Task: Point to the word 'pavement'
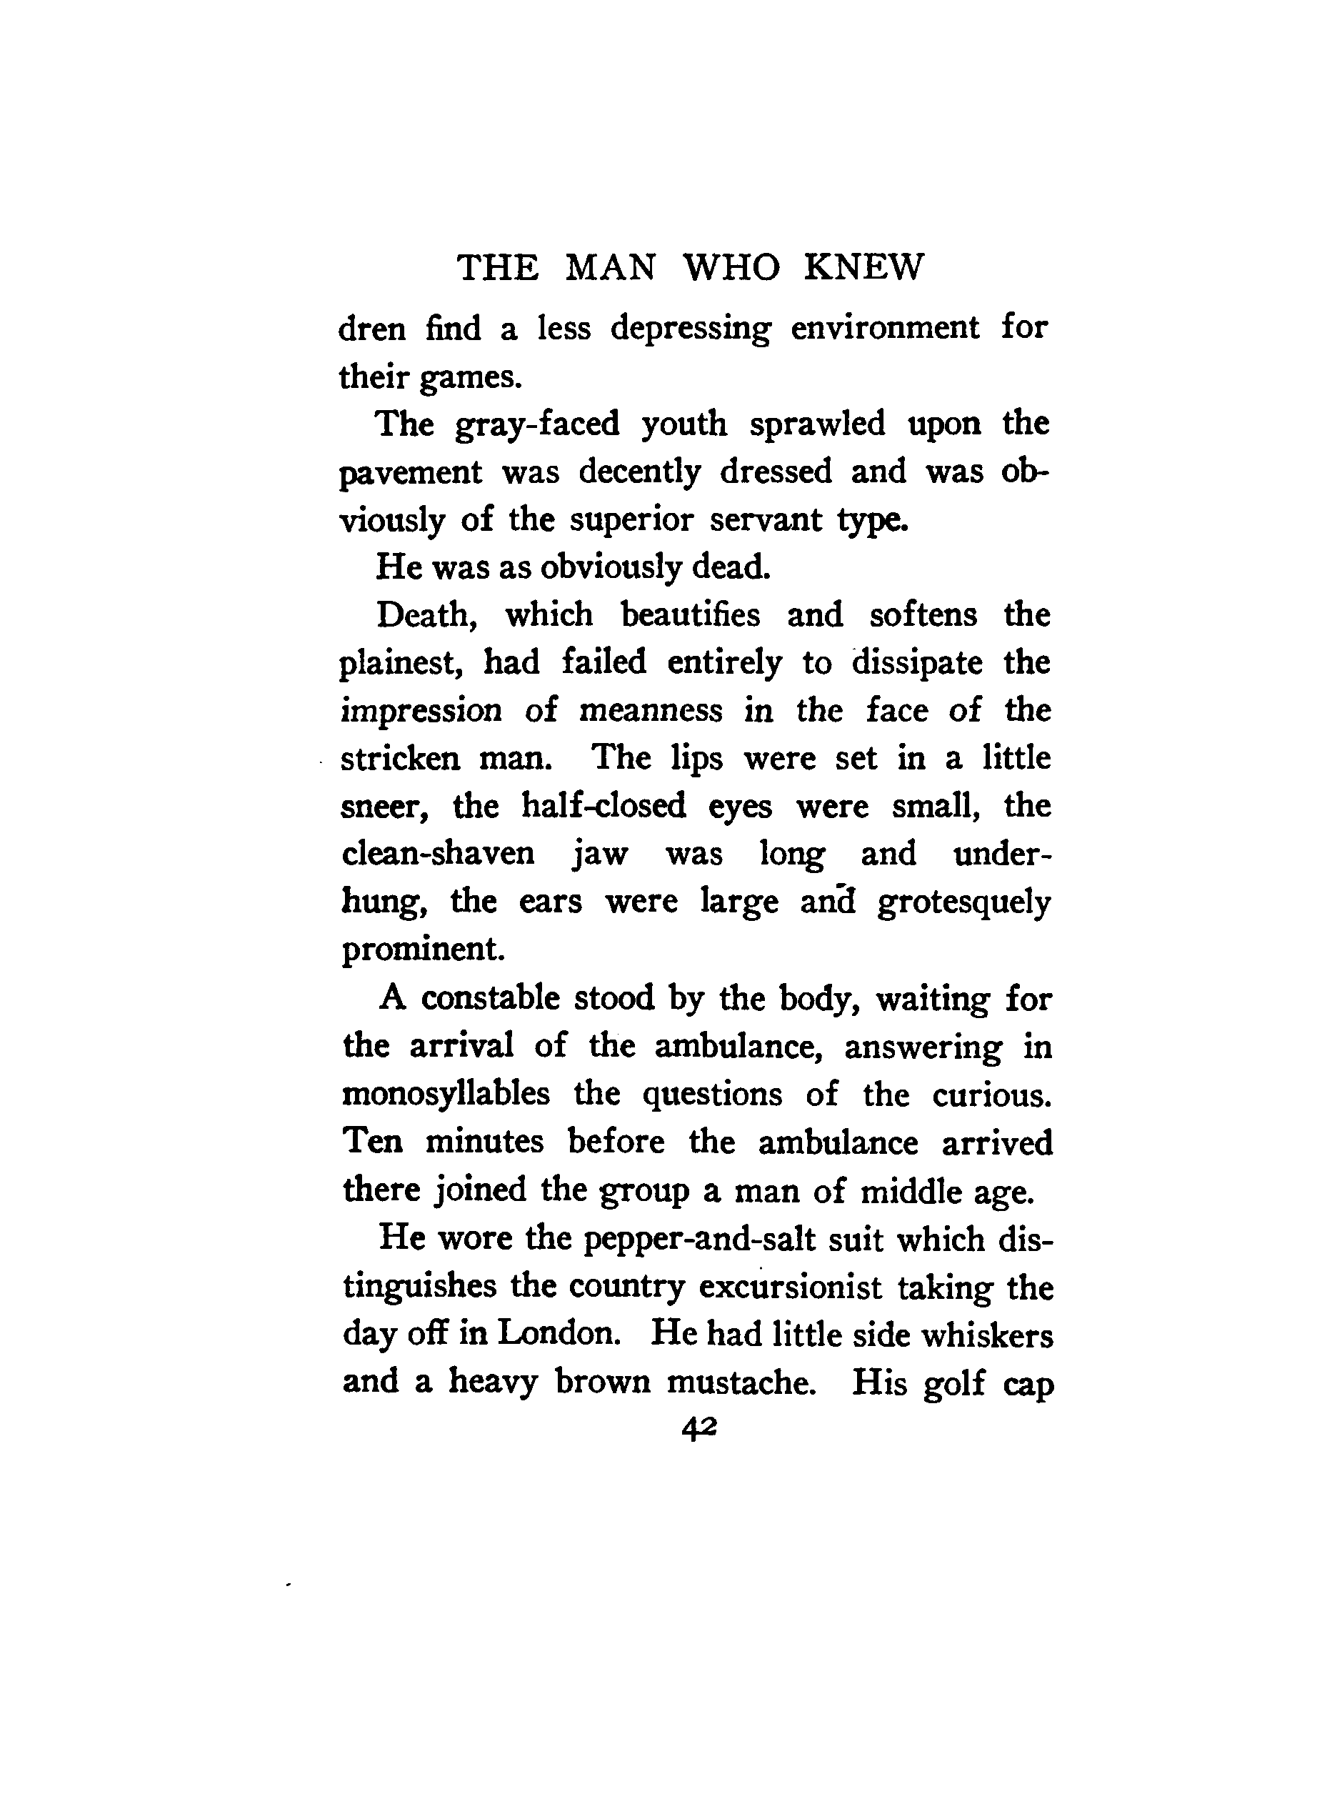coord(411,473)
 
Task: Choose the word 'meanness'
coord(651,711)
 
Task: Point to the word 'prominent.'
coord(424,950)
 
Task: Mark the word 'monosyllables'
coord(446,1095)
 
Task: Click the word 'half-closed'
coord(604,806)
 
